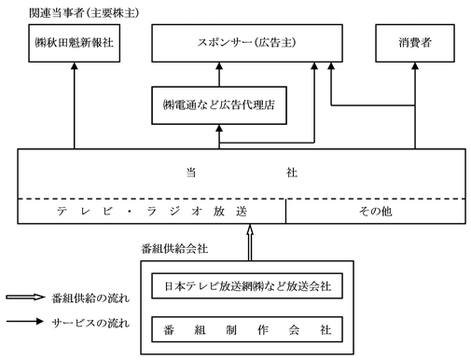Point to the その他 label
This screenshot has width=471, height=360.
coord(375,212)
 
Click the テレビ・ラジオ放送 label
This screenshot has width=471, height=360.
coord(152,212)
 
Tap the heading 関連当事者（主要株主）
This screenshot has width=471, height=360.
coord(84,13)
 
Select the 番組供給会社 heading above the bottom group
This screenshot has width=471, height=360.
coord(174,249)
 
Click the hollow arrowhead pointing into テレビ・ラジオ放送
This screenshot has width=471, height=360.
coord(250,228)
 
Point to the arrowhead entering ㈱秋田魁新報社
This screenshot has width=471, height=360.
coord(74,65)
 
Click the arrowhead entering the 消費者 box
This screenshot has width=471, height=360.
coord(415,65)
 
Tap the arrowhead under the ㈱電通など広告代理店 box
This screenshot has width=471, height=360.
coord(219,128)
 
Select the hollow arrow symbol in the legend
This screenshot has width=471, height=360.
coord(25,298)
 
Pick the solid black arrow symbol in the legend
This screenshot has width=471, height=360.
coord(25,322)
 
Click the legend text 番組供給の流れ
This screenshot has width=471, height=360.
coord(90,298)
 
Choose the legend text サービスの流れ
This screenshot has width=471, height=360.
coord(90,324)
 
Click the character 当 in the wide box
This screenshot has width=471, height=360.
coord(191,173)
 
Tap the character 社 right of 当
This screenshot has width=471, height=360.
coord(292,173)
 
